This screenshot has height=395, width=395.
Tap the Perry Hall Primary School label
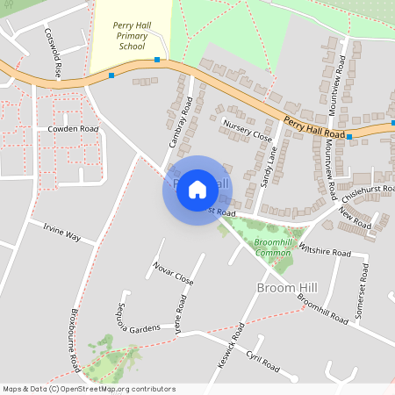coord(130,37)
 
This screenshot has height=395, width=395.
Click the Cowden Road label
coord(73,128)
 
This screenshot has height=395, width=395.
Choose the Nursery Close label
coord(248,130)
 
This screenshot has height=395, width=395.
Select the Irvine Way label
coord(61,233)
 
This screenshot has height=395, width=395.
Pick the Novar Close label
coord(173,273)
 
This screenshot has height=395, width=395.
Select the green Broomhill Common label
coord(272,248)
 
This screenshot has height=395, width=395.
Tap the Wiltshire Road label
coord(325,253)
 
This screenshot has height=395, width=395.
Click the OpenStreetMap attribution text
coord(90,388)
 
